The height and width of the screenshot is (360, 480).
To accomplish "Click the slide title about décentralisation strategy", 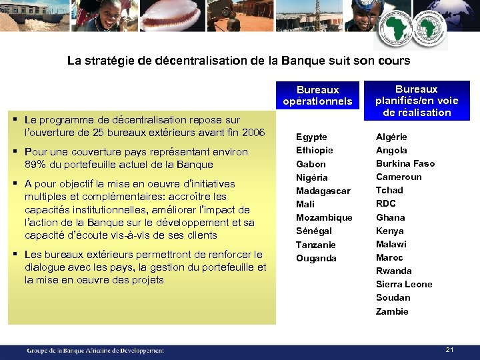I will tap(239, 61).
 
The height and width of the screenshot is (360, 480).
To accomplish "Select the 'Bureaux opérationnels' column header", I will tap(318, 95).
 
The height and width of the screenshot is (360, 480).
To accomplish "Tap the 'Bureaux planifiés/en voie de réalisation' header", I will tap(417, 101).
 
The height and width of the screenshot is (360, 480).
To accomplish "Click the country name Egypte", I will tap(311, 137).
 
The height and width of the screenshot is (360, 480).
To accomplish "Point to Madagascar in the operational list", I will tap(323, 191).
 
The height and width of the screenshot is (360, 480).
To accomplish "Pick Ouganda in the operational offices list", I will tap(316, 258).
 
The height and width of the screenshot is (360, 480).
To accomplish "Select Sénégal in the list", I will tap(314, 231).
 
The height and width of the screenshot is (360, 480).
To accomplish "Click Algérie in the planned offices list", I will tap(391, 137).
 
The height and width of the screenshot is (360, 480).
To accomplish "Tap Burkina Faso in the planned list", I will tap(405, 163).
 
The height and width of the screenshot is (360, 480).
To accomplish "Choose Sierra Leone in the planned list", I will tap(404, 284).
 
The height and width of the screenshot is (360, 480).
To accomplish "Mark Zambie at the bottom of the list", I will tap(392, 311).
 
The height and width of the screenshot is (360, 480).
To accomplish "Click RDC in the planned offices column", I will tap(386, 203).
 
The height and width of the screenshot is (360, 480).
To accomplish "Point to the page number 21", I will tap(449, 349).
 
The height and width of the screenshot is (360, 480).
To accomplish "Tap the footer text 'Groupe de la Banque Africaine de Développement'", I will tap(95, 350).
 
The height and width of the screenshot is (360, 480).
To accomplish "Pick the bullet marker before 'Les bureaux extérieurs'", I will tap(15, 253).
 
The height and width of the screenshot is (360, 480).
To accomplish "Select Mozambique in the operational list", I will tap(324, 217).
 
